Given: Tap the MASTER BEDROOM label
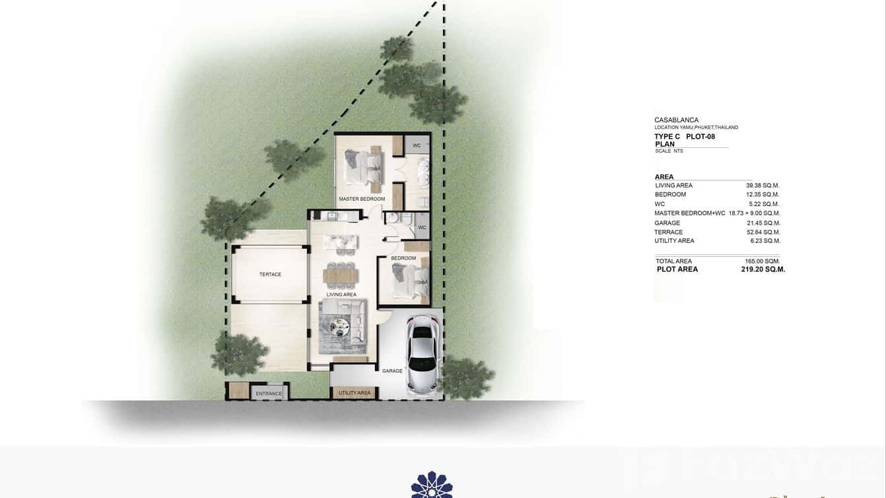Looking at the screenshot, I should (x=362, y=199).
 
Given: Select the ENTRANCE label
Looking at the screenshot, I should (x=269, y=394).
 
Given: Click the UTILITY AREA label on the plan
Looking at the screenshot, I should (x=355, y=393).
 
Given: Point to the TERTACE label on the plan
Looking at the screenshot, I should (x=270, y=274).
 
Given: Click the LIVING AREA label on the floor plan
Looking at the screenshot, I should (x=341, y=295).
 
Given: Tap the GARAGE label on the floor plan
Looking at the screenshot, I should (x=392, y=371).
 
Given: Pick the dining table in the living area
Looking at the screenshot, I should (x=339, y=273).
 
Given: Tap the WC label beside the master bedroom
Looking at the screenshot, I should (x=417, y=145).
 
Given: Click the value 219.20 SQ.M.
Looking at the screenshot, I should (x=763, y=269).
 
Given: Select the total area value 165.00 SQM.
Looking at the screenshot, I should (x=763, y=262).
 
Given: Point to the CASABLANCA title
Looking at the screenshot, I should (x=676, y=120).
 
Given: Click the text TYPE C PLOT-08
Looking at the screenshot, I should (x=685, y=137).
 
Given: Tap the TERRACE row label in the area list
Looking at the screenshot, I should (x=668, y=232).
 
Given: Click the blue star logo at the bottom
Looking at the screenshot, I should (x=432, y=485).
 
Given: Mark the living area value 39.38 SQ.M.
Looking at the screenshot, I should (x=763, y=186).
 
